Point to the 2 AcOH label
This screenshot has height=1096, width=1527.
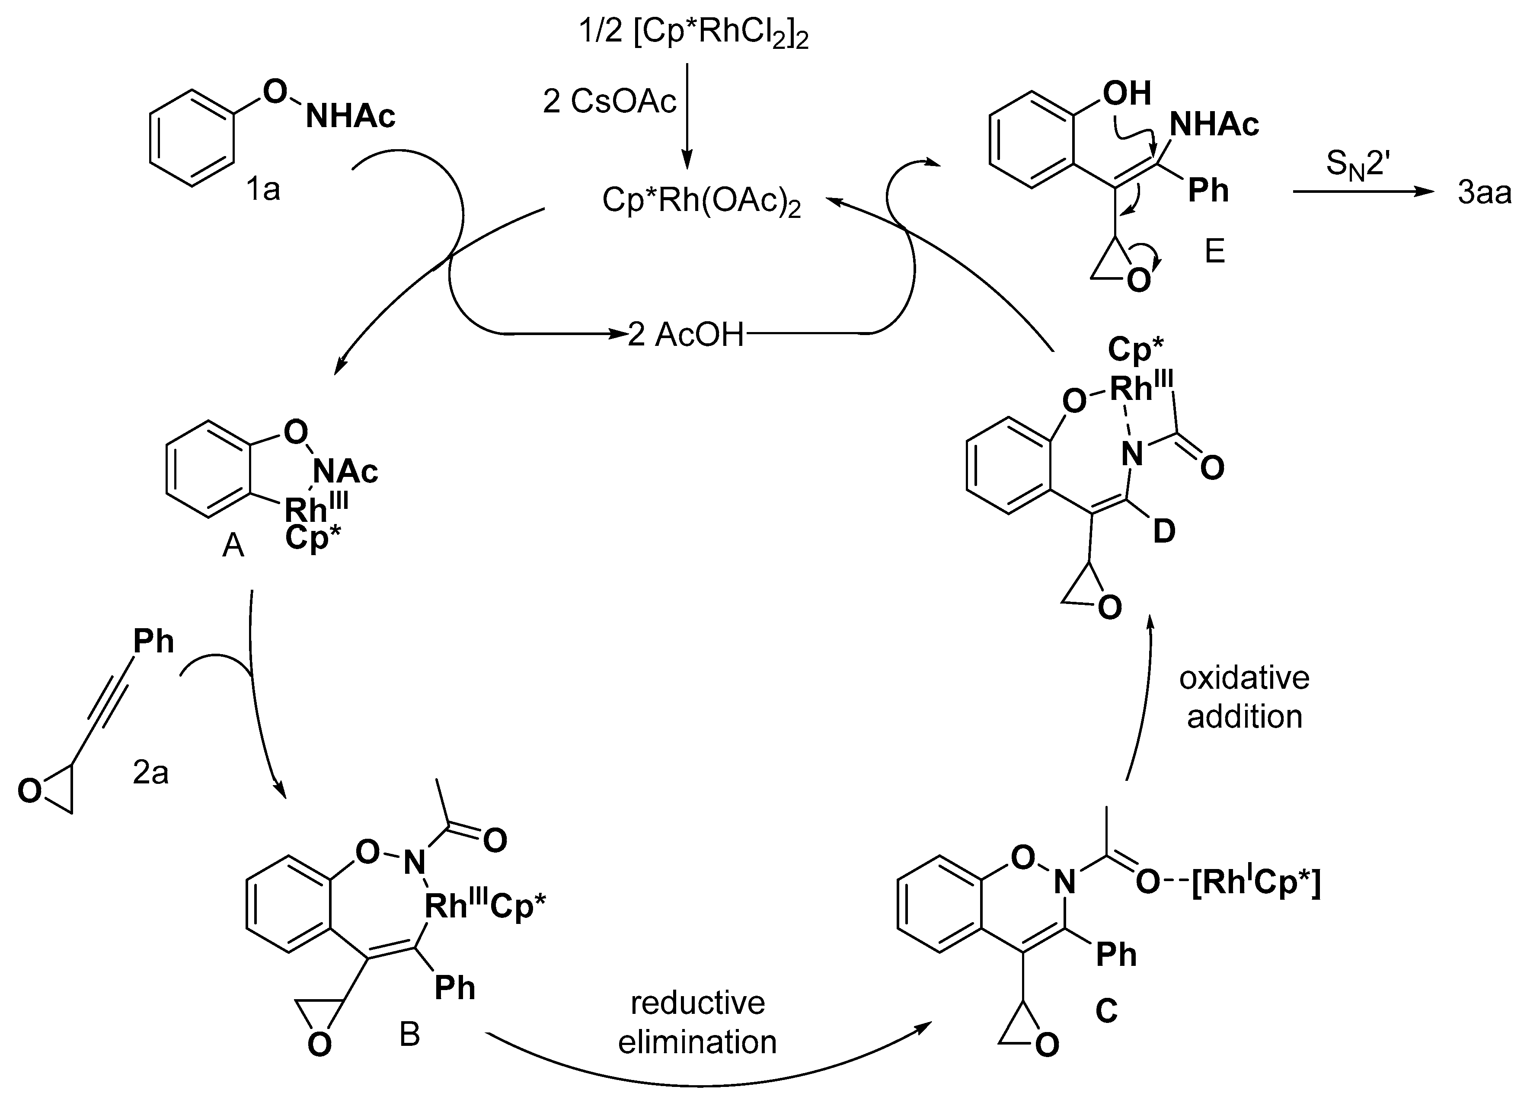685,335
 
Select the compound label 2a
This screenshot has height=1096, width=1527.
150,773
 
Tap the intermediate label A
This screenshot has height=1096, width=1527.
233,546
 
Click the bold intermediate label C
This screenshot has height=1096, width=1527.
1106,1010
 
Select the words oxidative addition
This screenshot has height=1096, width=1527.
1244,697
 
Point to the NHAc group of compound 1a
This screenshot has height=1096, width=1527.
350,116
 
